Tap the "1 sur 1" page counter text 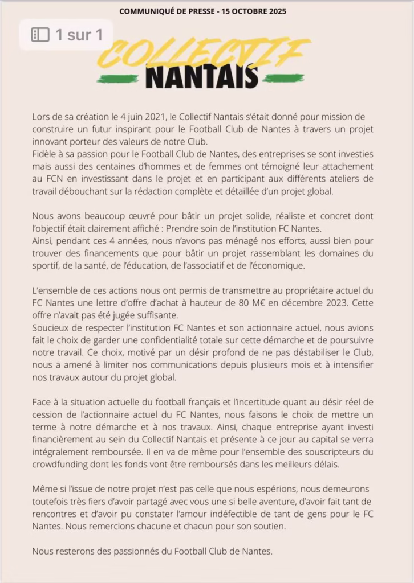point(79,35)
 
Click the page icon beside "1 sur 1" point(40,35)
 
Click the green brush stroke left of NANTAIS point(117,79)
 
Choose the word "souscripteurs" point(328,451)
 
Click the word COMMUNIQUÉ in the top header point(153,11)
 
